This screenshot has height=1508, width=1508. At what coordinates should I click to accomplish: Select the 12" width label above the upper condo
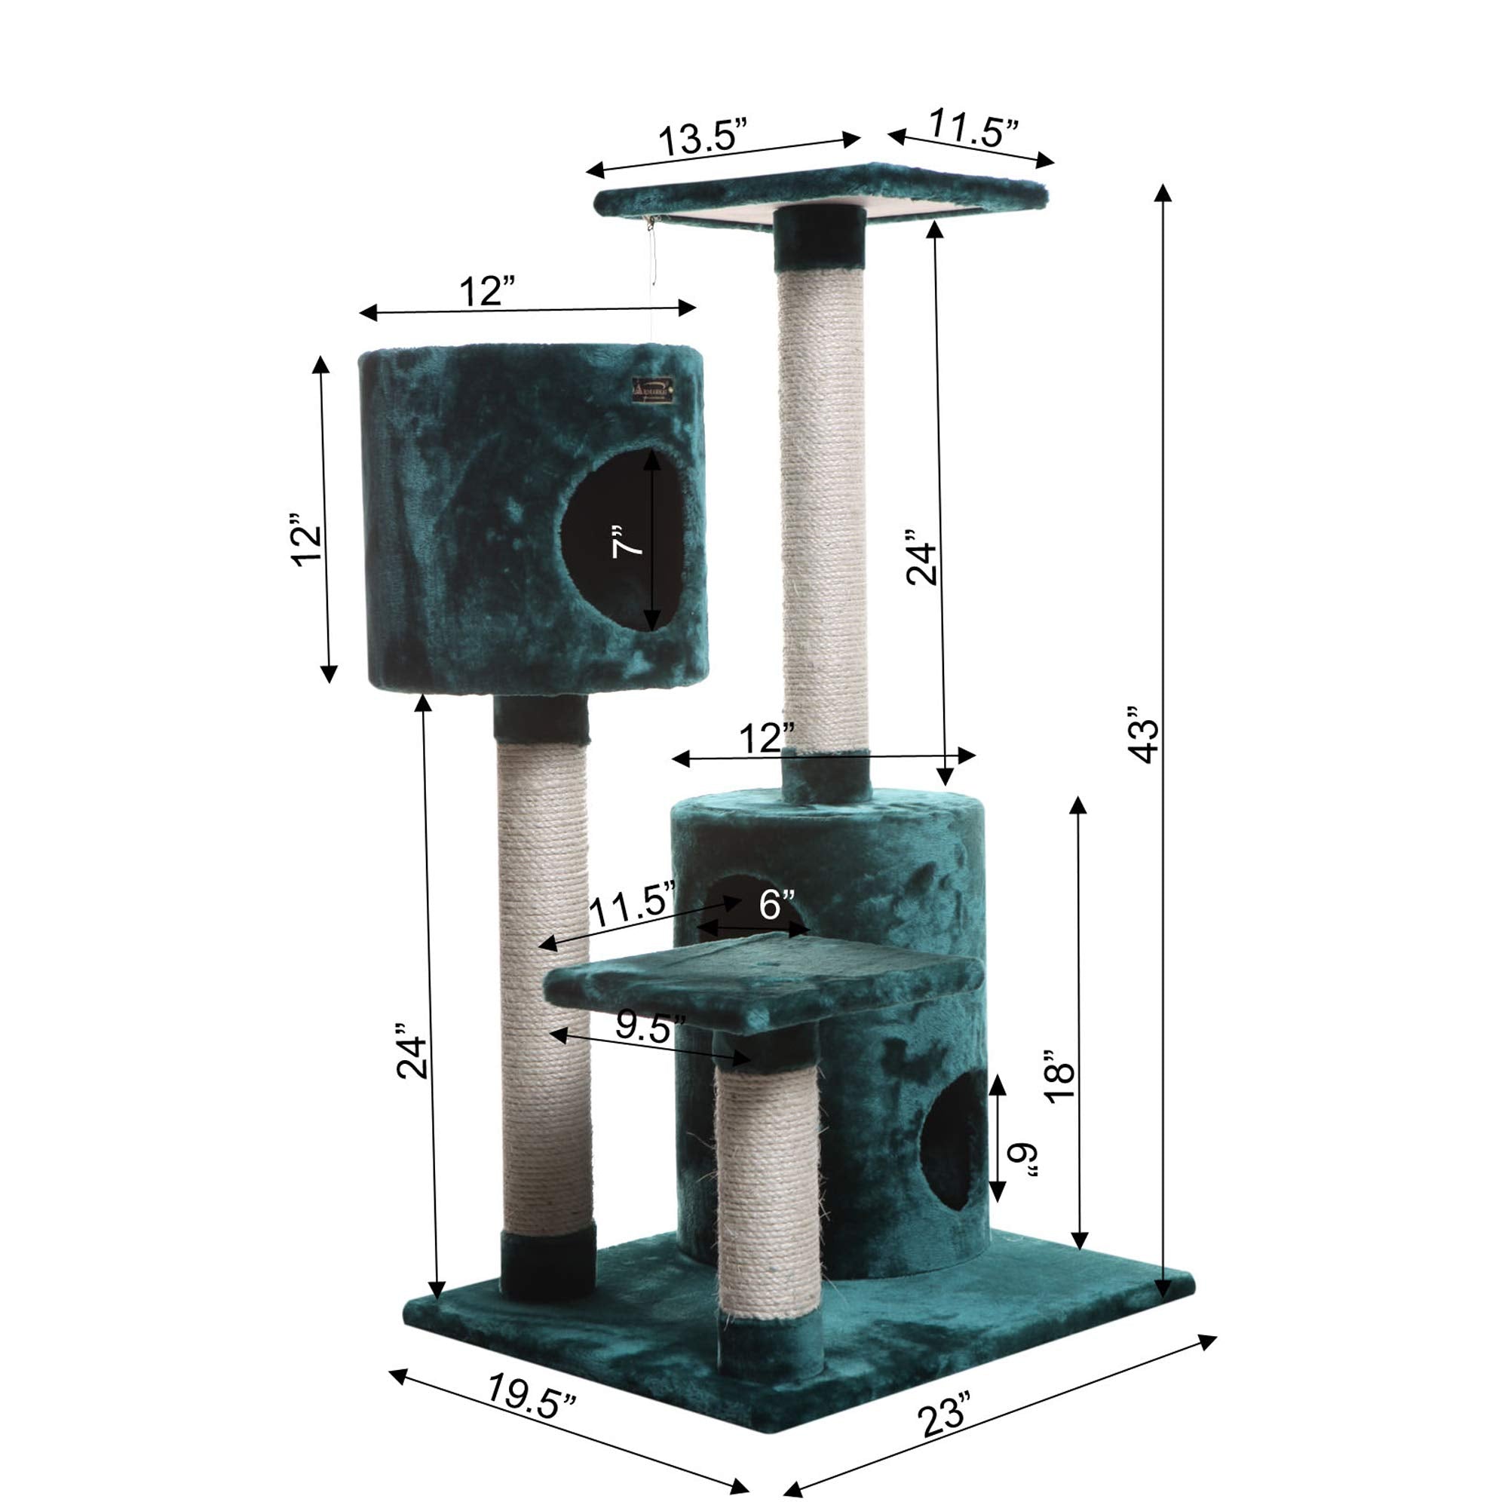[x=488, y=293]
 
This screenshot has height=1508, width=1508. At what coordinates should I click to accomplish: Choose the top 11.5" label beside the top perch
[x=974, y=130]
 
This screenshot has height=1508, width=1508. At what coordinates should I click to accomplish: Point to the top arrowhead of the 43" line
[x=1163, y=193]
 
